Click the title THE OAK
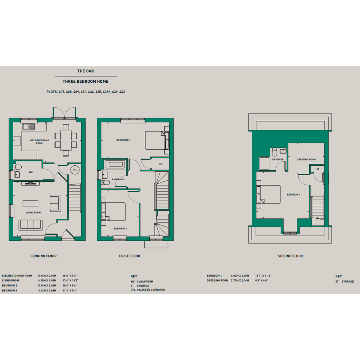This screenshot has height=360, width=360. (x=86, y=71)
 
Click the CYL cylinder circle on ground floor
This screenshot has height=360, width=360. (x=75, y=170)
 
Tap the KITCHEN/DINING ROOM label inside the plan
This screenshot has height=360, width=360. (x=39, y=142)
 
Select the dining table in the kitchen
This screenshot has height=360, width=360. (x=66, y=140)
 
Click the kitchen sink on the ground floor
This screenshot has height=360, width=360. (x=29, y=126)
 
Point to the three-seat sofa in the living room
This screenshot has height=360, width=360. (x=30, y=225)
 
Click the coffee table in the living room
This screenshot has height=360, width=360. (x=30, y=203)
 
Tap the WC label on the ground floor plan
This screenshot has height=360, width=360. (x=31, y=172)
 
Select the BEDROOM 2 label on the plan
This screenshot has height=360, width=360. (x=123, y=140)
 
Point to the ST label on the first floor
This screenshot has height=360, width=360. (x=160, y=165)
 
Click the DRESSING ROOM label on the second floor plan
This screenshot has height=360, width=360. (x=306, y=160)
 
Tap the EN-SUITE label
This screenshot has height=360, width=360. (x=278, y=160)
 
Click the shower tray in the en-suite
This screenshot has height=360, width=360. (x=264, y=163)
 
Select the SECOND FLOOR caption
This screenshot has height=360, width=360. (x=290, y=256)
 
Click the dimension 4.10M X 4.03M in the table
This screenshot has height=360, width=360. (x=47, y=280)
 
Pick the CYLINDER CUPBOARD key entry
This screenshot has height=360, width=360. (x=151, y=290)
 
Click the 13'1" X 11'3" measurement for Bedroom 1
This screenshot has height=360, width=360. (x=263, y=276)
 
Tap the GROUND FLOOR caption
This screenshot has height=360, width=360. (x=44, y=256)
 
